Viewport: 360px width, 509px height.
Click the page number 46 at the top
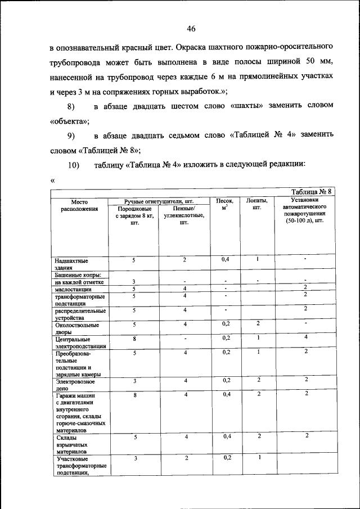(x=191, y=29)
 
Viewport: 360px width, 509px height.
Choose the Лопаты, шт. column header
(x=257, y=204)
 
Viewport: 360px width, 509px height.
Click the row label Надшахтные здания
(x=71, y=264)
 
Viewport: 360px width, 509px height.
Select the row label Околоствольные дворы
(x=76, y=328)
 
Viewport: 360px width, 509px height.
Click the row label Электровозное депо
(x=76, y=385)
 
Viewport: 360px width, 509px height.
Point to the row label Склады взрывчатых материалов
(x=71, y=444)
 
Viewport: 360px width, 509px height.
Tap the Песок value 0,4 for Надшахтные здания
(x=225, y=259)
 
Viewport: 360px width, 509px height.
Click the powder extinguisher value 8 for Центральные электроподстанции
(x=134, y=338)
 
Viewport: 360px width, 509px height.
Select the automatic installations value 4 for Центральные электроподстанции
(x=305, y=337)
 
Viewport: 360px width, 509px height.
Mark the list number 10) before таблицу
(x=74, y=164)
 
